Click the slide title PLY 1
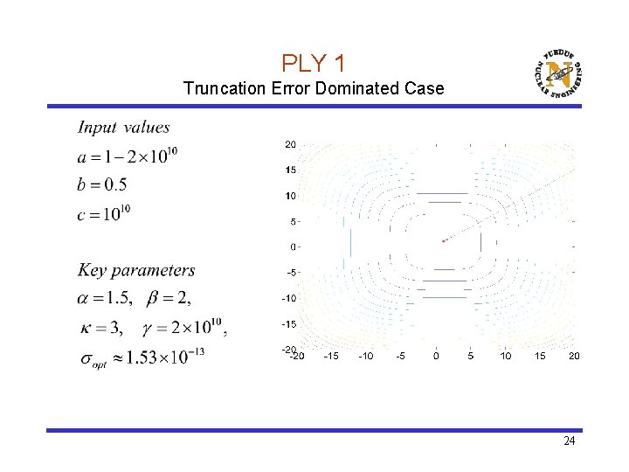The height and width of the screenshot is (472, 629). (314, 64)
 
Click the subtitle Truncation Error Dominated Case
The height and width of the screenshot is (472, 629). (314, 88)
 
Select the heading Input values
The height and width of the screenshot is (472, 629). (124, 128)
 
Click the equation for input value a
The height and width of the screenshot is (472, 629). (128, 156)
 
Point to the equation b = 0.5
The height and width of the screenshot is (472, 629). (102, 184)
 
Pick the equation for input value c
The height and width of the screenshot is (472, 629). (104, 212)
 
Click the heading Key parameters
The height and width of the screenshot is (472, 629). (136, 271)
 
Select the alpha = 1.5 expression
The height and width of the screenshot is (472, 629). (104, 299)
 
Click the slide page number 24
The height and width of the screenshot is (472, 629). (569, 441)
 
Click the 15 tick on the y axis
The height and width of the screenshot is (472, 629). (290, 170)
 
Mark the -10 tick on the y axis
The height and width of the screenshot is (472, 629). (288, 298)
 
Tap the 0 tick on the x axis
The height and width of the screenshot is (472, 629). (436, 357)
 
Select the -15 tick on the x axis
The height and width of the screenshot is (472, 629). (331, 357)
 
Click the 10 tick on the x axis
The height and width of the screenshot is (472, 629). (506, 357)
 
